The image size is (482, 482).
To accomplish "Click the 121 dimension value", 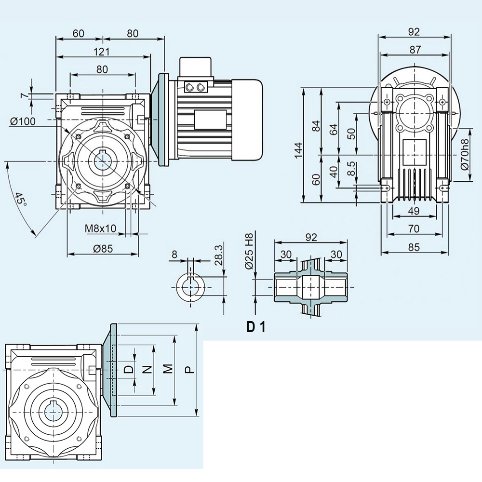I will (x=102, y=52).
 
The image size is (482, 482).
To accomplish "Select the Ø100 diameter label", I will (x=23, y=121).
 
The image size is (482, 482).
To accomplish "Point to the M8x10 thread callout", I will (x=101, y=228).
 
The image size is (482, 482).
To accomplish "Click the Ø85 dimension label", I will (x=101, y=249).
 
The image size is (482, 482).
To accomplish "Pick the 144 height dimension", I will (x=298, y=146).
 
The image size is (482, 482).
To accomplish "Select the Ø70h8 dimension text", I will (x=465, y=155).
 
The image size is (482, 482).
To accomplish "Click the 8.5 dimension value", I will (x=352, y=169).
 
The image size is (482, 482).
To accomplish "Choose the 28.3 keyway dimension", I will (x=217, y=255).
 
